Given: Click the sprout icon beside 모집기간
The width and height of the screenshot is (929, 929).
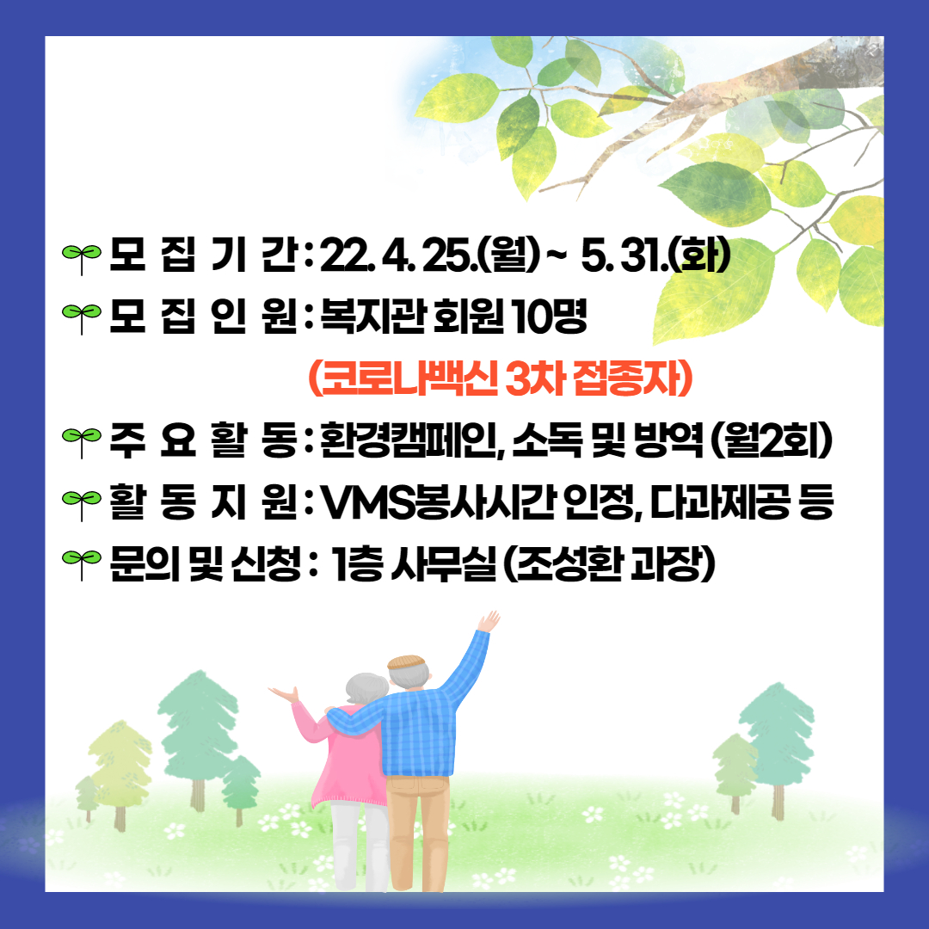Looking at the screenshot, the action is click(x=81, y=259).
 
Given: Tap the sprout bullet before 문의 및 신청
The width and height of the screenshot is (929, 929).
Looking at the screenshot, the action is click(x=81, y=564).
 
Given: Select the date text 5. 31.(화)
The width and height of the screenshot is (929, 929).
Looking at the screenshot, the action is click(x=655, y=256).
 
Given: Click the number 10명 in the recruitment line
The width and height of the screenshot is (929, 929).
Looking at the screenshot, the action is click(x=549, y=316).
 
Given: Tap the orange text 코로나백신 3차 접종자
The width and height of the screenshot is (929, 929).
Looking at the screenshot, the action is click(x=501, y=378).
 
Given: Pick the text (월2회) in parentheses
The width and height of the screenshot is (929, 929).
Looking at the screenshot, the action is click(x=771, y=440).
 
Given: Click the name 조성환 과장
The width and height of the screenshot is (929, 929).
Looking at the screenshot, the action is click(x=608, y=564).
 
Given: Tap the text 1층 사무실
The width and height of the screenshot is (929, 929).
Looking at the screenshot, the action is click(x=414, y=564).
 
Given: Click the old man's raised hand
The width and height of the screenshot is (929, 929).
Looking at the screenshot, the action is click(x=489, y=622).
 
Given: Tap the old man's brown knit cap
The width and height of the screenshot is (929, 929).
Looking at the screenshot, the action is click(x=406, y=661).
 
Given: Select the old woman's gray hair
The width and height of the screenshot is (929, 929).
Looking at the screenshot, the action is click(x=366, y=689).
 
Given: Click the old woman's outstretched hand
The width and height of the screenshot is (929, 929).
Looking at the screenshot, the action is click(x=285, y=694).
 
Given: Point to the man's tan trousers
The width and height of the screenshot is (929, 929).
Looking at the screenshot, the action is click(x=418, y=829).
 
